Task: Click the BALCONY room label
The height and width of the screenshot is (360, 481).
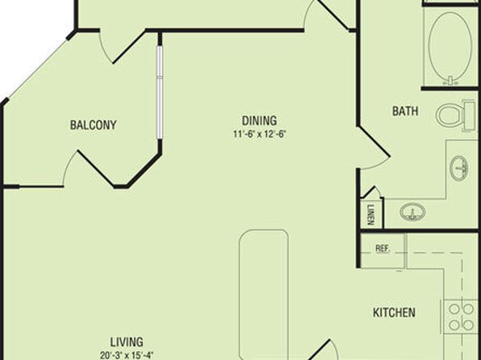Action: tap(94, 125)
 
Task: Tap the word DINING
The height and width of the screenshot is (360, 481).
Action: tap(260, 120)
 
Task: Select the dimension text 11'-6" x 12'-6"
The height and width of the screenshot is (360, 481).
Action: tap(260, 134)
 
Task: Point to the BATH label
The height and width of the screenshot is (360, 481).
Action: tap(405, 111)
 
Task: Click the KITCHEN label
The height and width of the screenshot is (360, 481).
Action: tap(394, 312)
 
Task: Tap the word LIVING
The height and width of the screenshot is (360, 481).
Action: tap(127, 342)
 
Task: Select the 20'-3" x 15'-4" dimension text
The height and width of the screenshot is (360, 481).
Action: tap(127, 355)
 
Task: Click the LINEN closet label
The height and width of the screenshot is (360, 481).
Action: tap(371, 215)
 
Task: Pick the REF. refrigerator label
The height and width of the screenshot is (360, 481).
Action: tap(383, 248)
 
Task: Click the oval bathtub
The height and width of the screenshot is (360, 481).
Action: tap(450, 46)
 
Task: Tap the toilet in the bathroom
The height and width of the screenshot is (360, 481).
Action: tap(456, 115)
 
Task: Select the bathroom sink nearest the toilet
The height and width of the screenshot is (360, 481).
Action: tap(459, 169)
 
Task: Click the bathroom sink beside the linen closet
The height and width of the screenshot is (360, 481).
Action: tap(413, 211)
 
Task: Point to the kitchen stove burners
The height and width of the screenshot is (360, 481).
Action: tap(461, 316)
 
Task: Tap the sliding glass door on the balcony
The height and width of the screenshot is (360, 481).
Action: tap(160, 92)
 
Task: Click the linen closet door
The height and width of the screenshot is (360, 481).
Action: tap(372, 192)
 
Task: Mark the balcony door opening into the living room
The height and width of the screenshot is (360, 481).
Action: tap(89, 168)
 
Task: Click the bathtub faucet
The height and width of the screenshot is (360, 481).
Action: tap(450, 81)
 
